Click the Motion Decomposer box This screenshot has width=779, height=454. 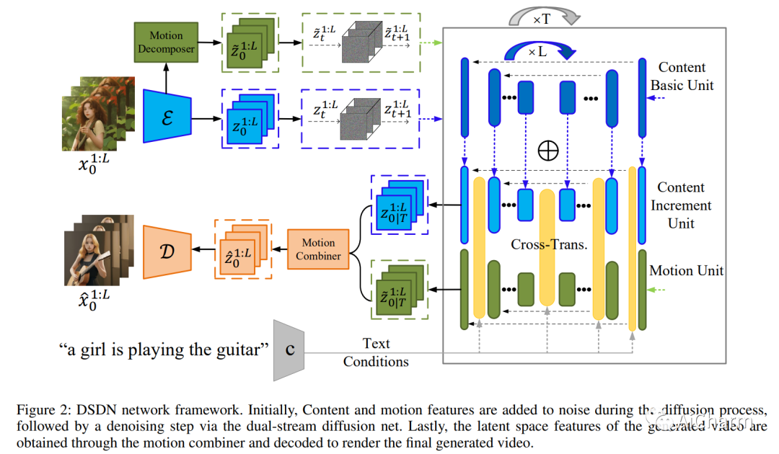point(166,43)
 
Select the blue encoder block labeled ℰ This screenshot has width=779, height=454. point(167,116)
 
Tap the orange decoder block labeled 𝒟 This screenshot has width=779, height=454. point(167,252)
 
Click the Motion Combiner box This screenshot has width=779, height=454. point(318,249)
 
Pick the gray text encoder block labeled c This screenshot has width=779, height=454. point(289,350)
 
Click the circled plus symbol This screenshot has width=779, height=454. point(549,149)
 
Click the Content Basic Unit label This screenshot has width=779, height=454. point(682,76)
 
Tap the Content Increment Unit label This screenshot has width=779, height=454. point(681,205)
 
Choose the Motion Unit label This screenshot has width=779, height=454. point(686,271)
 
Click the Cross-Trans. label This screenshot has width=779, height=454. point(549,244)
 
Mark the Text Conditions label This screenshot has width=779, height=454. point(376,352)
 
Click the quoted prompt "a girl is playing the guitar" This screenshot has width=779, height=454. point(164,350)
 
